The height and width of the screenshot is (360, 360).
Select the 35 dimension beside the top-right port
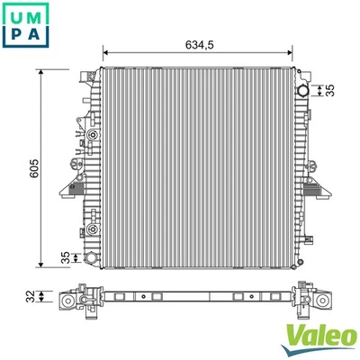(331, 89)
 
